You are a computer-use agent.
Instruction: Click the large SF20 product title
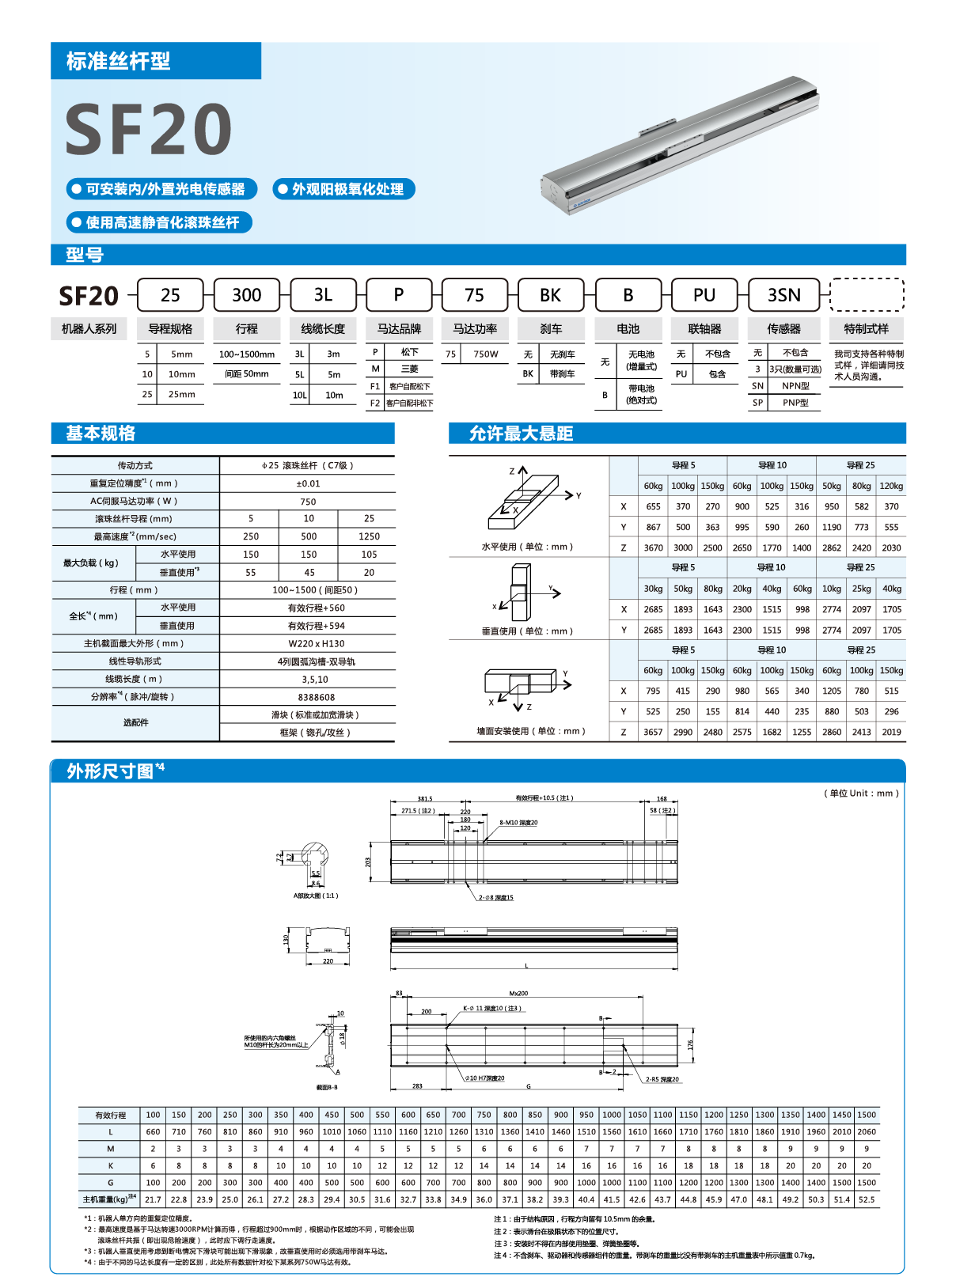[148, 130]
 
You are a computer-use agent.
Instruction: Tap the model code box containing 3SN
[783, 295]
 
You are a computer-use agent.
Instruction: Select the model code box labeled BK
[550, 295]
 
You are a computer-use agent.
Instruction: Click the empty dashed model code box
[867, 295]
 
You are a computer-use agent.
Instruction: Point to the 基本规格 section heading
[101, 434]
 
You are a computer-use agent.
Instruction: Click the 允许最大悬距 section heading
[521, 434]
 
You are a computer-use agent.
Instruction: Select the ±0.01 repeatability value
[308, 483]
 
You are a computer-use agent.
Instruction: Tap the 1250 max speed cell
[369, 536]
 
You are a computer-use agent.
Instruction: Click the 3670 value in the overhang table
[653, 547]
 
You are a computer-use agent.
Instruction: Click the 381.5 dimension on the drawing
[425, 799]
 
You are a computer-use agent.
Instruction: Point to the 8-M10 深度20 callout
[518, 823]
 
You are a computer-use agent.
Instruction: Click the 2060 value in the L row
[867, 1132]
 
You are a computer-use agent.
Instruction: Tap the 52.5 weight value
[867, 1200]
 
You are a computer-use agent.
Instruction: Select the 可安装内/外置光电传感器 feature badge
[162, 189]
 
